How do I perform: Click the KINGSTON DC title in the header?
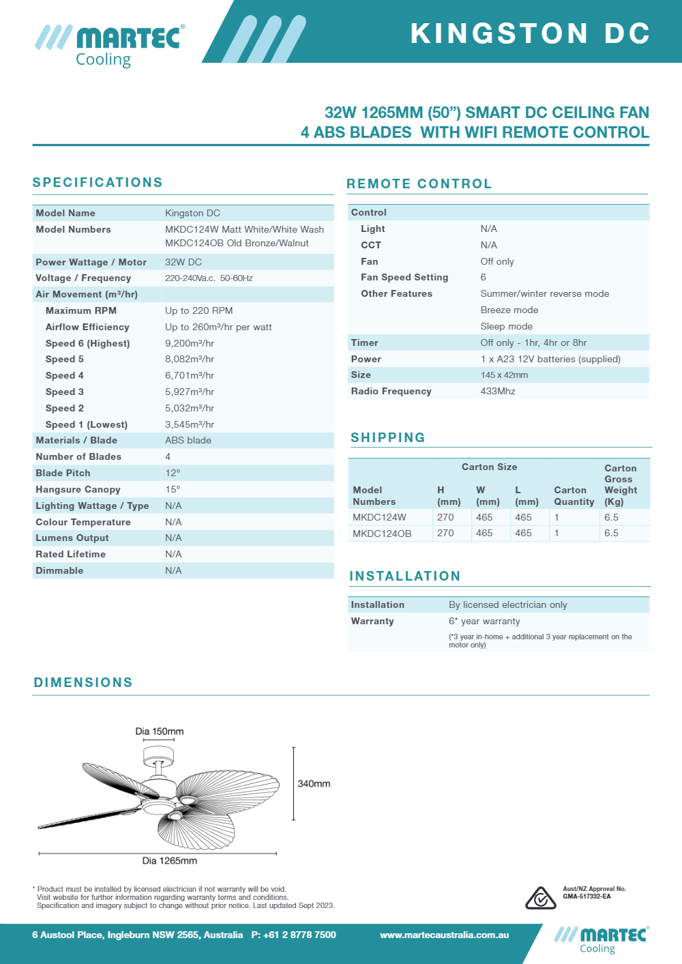click(x=530, y=33)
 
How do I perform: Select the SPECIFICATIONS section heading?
click(x=98, y=182)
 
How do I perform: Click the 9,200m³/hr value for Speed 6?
click(x=190, y=343)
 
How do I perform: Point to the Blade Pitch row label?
click(x=63, y=473)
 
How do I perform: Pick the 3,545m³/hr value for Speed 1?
click(x=190, y=424)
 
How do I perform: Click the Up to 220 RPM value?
click(x=198, y=310)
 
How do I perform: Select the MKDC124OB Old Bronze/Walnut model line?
click(x=237, y=243)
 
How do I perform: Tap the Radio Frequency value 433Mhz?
click(x=498, y=391)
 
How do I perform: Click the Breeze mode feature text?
click(x=509, y=310)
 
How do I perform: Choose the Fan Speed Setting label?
click(x=404, y=277)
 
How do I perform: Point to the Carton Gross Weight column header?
click(x=621, y=484)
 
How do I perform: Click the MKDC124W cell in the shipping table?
click(x=379, y=517)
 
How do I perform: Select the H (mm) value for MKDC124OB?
click(x=445, y=533)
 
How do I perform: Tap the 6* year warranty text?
click(x=484, y=621)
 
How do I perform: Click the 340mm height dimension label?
click(x=314, y=784)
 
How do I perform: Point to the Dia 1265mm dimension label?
click(x=169, y=861)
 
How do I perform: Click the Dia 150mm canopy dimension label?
click(x=160, y=731)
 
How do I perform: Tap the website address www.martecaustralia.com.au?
click(x=445, y=935)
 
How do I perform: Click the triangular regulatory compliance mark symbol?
click(x=540, y=899)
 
